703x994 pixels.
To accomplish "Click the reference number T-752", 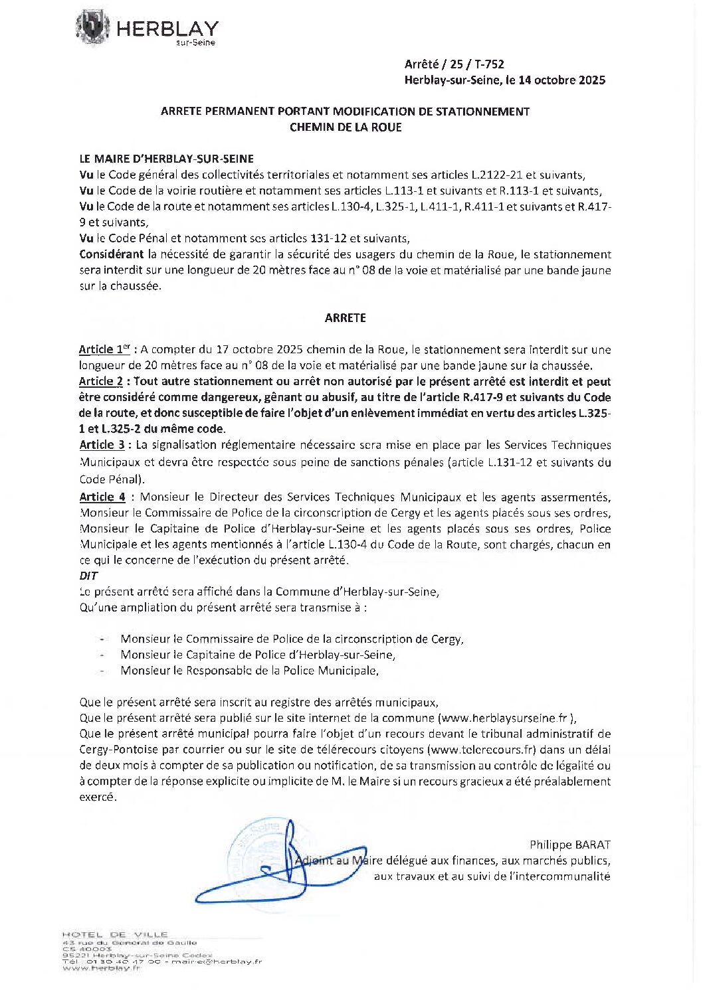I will click(x=490, y=64).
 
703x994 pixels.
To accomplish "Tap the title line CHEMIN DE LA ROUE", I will click(x=346, y=127).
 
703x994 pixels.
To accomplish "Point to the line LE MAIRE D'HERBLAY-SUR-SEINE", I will click(x=166, y=159).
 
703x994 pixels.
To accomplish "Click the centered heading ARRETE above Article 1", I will click(x=346, y=318).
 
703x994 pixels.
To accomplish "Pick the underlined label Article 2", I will click(x=101, y=382).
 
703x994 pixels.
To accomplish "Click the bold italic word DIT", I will click(x=88, y=576).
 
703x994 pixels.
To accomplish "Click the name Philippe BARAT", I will click(x=569, y=845).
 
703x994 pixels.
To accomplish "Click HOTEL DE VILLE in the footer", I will click(x=115, y=934).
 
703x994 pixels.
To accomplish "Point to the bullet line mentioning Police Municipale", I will click(x=249, y=671).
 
